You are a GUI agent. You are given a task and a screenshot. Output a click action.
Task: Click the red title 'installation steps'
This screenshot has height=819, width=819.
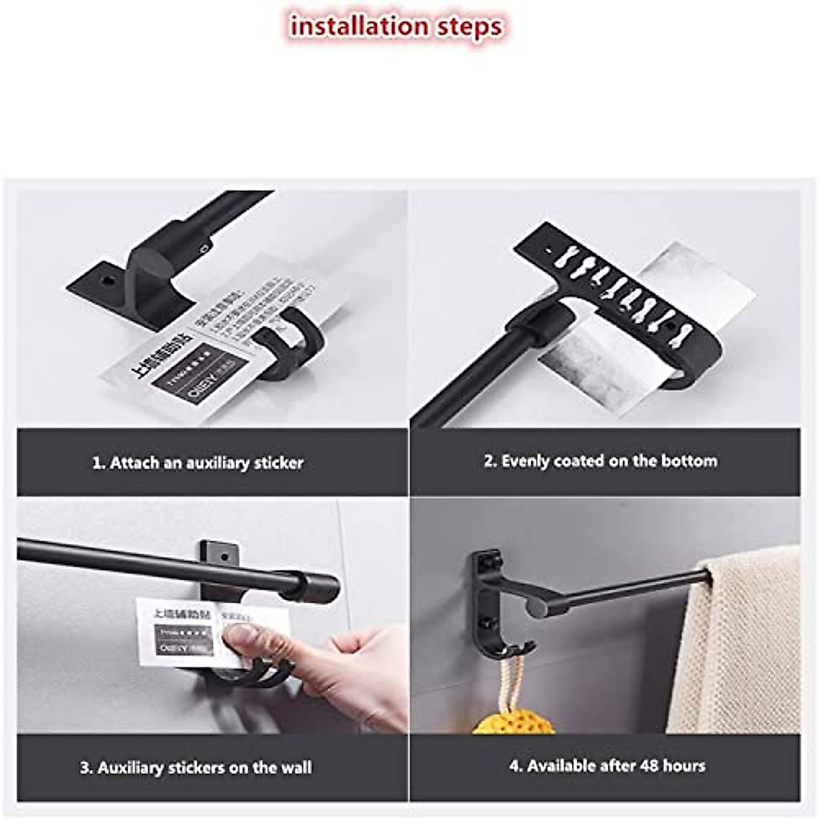click(397, 27)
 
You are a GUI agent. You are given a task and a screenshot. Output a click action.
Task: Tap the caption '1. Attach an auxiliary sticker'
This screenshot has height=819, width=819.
click(197, 463)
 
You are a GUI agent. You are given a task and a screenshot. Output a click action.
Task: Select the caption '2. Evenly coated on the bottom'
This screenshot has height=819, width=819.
click(601, 461)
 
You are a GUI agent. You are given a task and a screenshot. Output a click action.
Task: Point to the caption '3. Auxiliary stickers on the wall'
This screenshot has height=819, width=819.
click(196, 768)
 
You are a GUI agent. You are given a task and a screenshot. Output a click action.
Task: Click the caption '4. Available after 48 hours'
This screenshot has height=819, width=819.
click(607, 766)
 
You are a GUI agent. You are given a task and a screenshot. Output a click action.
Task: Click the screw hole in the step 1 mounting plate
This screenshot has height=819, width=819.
click(107, 281)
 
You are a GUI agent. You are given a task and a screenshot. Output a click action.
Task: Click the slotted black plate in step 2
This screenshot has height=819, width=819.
click(614, 287)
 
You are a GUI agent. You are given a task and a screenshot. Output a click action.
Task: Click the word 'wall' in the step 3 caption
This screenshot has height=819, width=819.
click(294, 768)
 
